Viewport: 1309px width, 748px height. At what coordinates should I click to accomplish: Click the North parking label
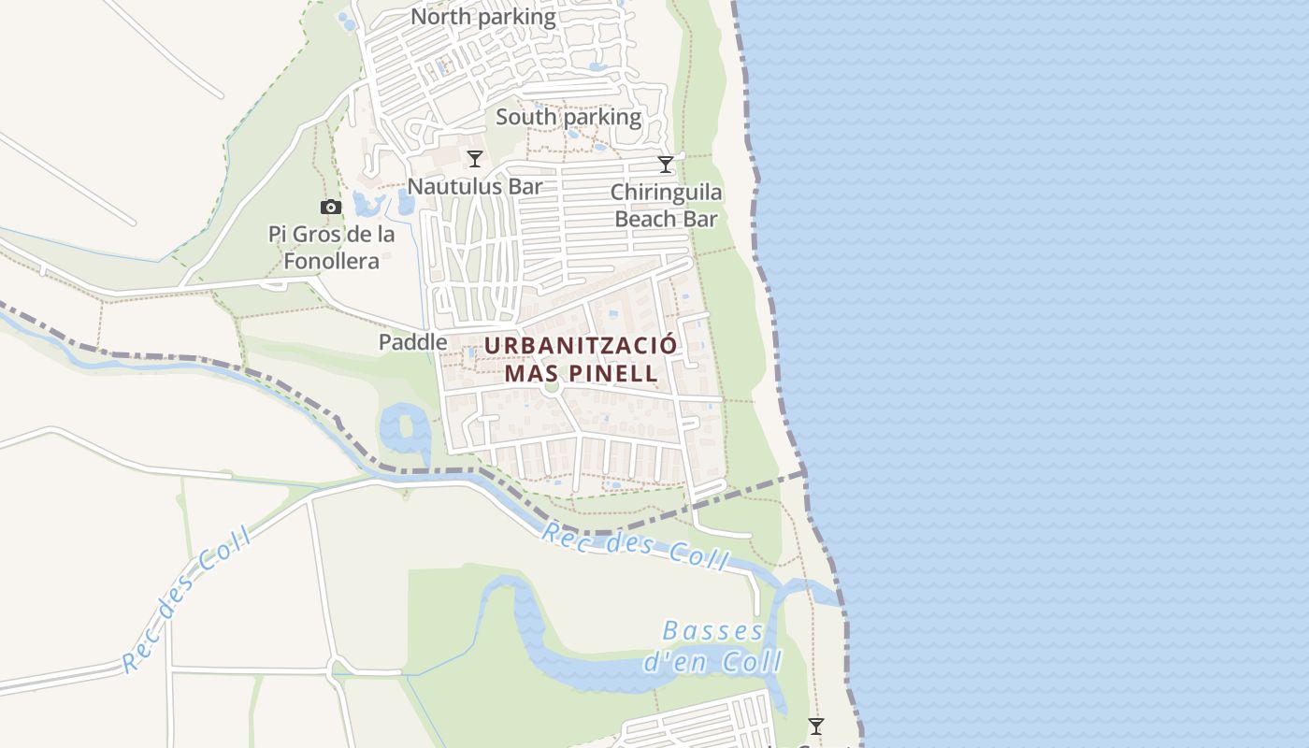pos(483,17)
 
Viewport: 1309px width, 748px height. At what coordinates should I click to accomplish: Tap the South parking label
pos(568,118)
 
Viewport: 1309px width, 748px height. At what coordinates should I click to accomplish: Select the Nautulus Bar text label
pos(475,186)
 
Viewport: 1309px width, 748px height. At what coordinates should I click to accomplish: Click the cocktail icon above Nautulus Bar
pos(475,159)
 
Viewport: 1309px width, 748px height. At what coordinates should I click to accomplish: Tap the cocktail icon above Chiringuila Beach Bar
pos(666,165)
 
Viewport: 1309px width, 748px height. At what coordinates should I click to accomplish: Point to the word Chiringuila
pos(666,193)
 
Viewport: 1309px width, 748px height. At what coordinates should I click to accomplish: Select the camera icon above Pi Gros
pos(331,208)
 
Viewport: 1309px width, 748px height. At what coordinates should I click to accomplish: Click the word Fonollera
pos(332,261)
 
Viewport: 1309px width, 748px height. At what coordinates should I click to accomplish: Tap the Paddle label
pos(412,342)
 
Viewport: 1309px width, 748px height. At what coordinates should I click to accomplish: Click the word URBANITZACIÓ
pos(580,345)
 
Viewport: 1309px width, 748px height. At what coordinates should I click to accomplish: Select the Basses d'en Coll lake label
pos(712,646)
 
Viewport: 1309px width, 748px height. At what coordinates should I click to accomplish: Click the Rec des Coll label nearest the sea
pos(636,547)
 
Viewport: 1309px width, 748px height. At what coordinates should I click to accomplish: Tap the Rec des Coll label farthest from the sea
pos(187,598)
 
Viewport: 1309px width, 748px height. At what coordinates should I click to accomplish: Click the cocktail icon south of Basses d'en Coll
pos(816,726)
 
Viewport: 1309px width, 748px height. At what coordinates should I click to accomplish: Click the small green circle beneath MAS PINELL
pos(551,386)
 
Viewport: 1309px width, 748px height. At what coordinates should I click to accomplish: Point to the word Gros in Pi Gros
pos(318,235)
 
